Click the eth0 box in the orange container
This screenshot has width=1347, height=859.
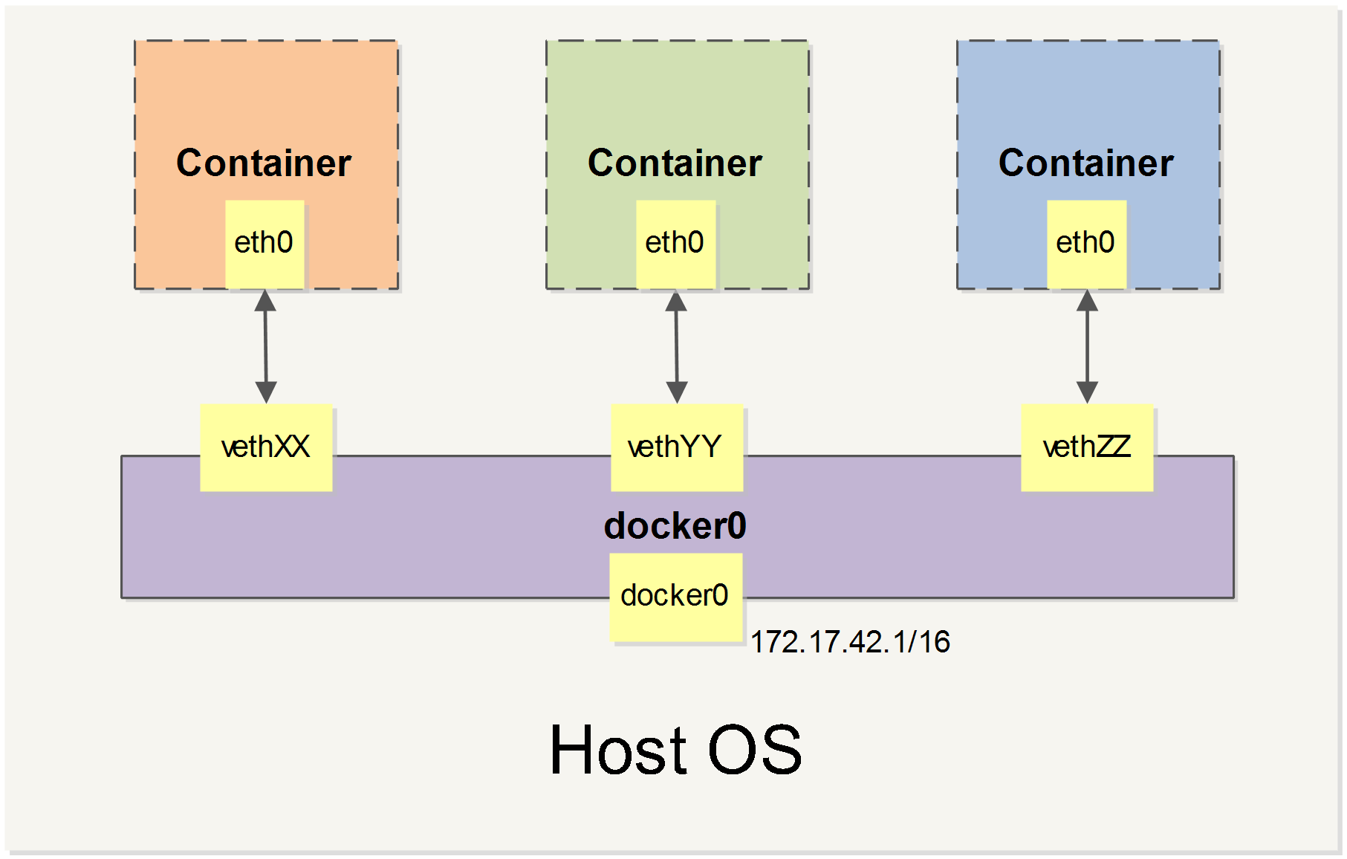click(264, 244)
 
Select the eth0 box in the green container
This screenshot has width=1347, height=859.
click(675, 244)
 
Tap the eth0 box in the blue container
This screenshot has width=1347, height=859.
click(1086, 244)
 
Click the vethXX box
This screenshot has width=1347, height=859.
click(266, 447)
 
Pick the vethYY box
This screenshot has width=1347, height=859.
click(676, 447)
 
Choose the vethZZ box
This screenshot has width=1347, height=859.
click(1087, 447)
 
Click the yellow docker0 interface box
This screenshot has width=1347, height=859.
click(675, 597)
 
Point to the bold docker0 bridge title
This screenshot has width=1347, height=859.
click(675, 526)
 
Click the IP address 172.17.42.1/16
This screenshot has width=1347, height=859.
click(850, 642)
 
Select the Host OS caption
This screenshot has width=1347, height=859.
click(675, 751)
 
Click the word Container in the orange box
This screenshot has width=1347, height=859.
click(264, 163)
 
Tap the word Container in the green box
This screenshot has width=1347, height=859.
click(675, 163)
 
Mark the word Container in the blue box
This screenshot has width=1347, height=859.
click(1085, 163)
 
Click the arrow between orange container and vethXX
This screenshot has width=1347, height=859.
click(265, 346)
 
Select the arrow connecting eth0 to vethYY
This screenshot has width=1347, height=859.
click(676, 346)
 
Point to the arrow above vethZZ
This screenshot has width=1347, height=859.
click(1087, 346)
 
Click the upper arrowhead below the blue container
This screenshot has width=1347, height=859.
click(1087, 301)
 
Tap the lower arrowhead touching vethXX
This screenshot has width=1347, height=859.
click(266, 392)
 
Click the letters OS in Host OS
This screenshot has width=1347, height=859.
click(754, 751)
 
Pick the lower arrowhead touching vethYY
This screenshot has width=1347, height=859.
click(677, 392)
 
